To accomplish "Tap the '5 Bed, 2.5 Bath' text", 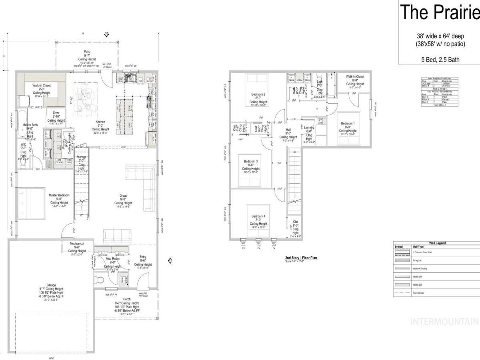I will (x=440, y=60).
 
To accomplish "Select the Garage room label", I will (x=51, y=285).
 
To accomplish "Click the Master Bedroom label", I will (x=59, y=195).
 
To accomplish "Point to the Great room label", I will (x=123, y=196).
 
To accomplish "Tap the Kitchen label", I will (x=100, y=122).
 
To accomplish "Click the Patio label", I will (x=87, y=52).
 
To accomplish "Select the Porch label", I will (x=127, y=299).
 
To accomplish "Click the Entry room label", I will (x=143, y=257).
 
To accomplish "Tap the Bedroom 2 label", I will (x=258, y=94).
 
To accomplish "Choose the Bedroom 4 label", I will (x=258, y=216).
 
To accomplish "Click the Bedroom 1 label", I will (x=348, y=124).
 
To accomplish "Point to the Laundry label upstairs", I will (x=309, y=139).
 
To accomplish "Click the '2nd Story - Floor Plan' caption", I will (x=301, y=258).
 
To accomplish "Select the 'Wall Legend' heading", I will (x=437, y=243).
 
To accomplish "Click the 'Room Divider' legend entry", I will (x=418, y=293).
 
